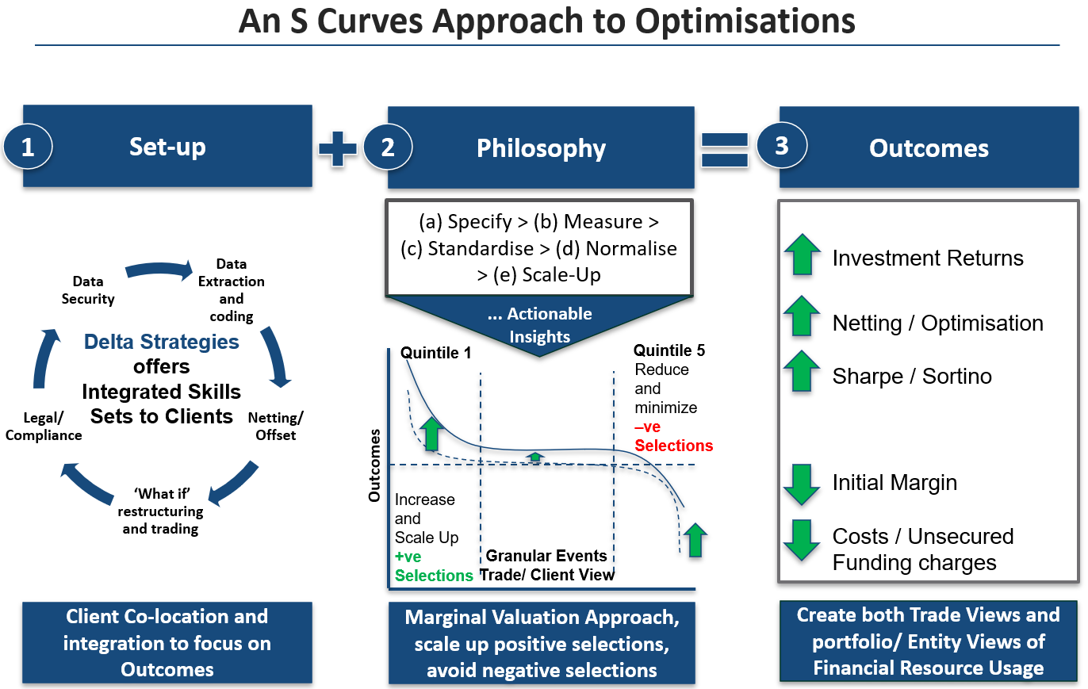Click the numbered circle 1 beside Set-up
tap(28, 148)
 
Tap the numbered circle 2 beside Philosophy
tap(388, 148)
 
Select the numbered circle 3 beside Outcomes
tap(782, 147)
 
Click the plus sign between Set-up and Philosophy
tap(338, 148)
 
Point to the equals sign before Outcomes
tap(725, 148)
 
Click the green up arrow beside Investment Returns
tap(802, 255)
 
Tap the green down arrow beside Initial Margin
tap(802, 484)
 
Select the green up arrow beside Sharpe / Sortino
tap(802, 372)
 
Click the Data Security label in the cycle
tap(94, 290)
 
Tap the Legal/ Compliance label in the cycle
tap(44, 426)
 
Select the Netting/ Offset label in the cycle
tap(275, 426)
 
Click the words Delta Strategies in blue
tap(162, 342)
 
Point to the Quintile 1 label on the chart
tap(435, 353)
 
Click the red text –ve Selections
tap(673, 436)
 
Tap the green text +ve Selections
tap(433, 566)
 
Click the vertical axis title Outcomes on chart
tap(375, 465)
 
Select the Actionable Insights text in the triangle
tap(539, 325)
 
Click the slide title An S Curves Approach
tap(547, 21)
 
